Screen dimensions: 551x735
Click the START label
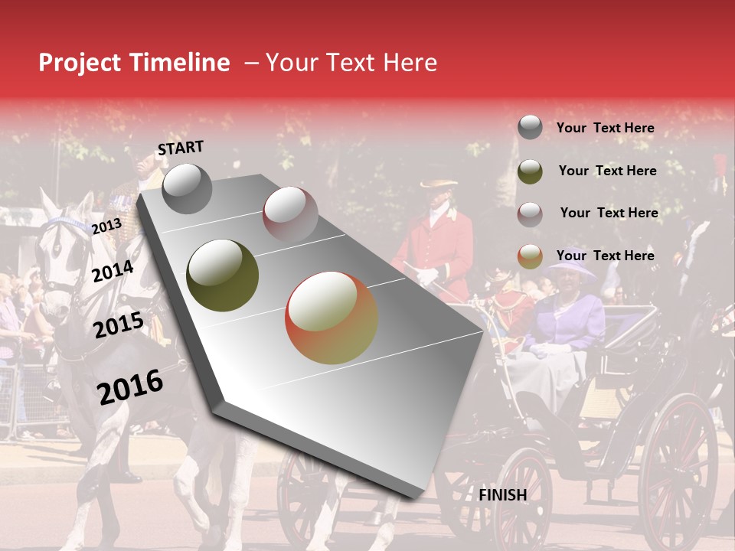181,148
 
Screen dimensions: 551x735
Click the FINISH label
502,495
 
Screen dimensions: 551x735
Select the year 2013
106,226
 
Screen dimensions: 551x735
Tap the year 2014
113,271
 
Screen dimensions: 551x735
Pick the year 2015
119,325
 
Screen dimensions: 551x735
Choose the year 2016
130,386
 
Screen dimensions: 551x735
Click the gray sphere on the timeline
187,188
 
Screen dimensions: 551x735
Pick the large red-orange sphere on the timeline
332,318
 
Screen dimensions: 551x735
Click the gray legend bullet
530,128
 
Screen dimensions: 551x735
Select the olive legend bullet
530,171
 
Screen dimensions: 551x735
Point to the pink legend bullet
530,214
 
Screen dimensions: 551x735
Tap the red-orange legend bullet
530,257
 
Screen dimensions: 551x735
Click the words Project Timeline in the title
134,63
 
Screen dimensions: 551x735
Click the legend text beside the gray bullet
605,129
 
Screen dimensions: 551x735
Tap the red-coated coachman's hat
437,184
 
